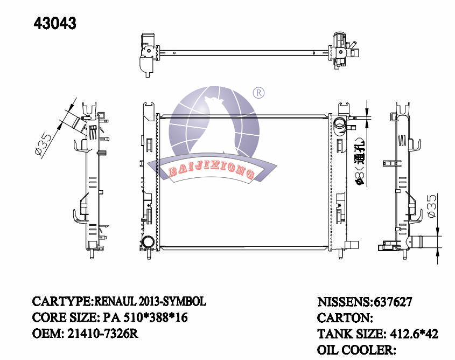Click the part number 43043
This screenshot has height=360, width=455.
pos(54,23)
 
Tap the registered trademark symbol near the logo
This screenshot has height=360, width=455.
pos(258,93)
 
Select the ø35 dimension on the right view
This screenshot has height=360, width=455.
pos(431,207)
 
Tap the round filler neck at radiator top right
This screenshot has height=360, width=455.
pos(340,124)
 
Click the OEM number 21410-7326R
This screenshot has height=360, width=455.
pos(103,334)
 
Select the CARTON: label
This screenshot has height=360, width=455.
pos(345,318)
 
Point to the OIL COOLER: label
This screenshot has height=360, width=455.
pos(356,350)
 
